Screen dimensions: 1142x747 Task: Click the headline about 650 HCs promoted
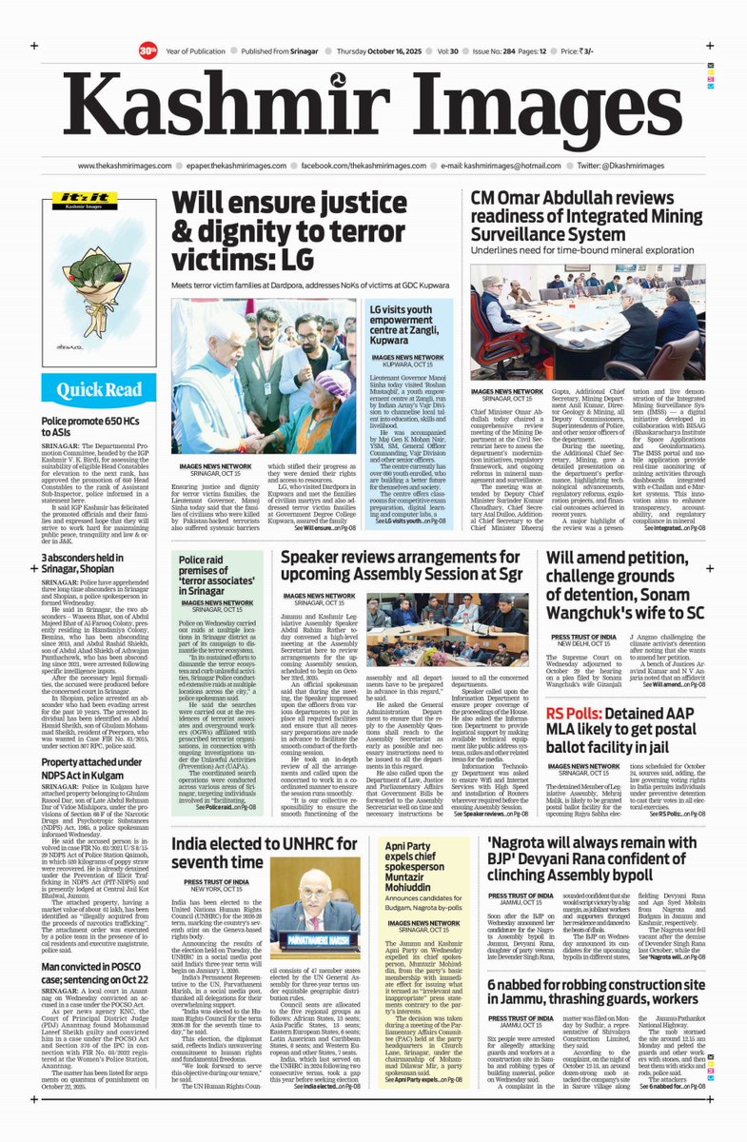(97, 425)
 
